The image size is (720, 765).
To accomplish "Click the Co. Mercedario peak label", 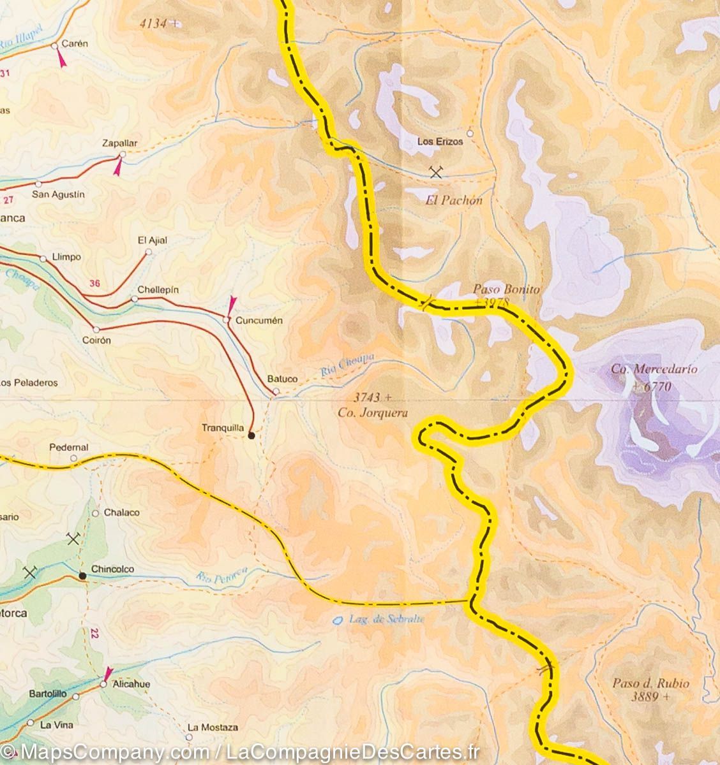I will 654,369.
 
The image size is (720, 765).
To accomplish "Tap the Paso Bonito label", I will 506,289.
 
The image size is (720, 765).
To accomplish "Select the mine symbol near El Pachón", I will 437,171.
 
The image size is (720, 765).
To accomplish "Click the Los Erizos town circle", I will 470,133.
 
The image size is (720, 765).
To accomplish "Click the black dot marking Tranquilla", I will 251,436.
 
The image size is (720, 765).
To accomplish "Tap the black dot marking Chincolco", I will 82,576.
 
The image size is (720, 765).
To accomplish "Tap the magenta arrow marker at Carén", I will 61,59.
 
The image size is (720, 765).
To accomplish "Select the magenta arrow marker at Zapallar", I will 118,167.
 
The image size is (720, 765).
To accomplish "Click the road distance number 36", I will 95,284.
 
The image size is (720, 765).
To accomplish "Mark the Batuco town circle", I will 276,391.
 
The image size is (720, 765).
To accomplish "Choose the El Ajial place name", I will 153,240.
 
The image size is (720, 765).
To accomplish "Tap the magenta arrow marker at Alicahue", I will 108,674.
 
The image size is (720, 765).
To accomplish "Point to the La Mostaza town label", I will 213,727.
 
